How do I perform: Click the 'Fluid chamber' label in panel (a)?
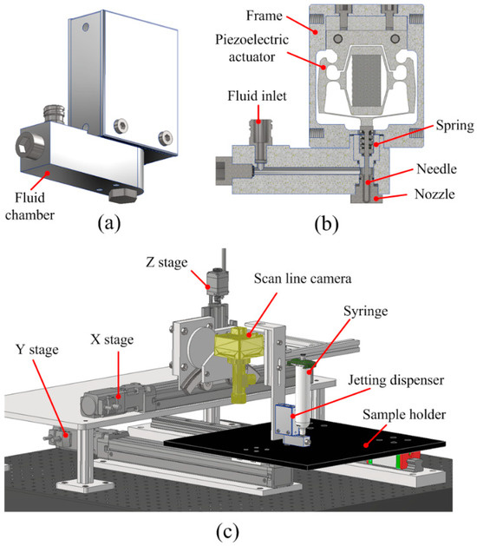tap(30, 207)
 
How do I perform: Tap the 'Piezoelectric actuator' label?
tap(252, 48)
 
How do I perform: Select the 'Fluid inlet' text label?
tap(257, 96)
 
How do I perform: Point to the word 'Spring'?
tap(454, 126)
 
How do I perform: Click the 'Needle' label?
tap(436, 169)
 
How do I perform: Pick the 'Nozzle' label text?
tap(435, 194)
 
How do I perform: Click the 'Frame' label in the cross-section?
tap(264, 16)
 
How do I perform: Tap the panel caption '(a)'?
tap(109, 223)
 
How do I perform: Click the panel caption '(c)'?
tap(227, 531)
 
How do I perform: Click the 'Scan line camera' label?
tap(303, 279)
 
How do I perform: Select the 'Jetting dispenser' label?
tap(396, 380)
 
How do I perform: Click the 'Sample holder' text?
tap(404, 415)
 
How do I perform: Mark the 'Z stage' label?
tap(167, 262)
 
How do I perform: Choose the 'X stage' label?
tap(112, 339)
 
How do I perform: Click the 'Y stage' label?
tap(37, 350)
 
